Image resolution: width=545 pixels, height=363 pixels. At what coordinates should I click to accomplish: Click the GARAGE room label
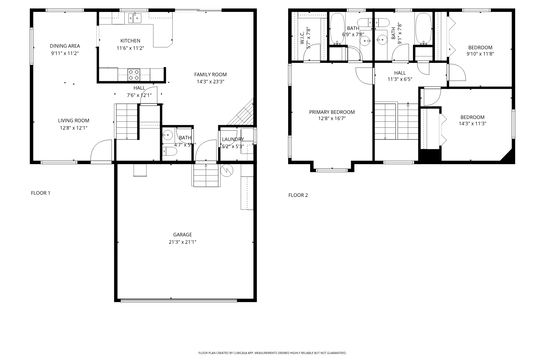point(183,234)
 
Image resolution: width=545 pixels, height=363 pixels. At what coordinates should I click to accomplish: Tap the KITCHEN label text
point(130,41)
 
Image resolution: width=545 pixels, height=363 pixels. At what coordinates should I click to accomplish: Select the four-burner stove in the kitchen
point(134,75)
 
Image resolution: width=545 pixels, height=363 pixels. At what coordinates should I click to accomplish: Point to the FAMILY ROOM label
point(210,74)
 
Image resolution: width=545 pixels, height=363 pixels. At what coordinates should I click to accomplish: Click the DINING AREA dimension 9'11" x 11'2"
point(65,53)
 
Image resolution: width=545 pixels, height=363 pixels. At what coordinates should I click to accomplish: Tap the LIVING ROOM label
point(74,120)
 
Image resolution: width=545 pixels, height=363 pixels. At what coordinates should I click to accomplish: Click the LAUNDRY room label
point(233,139)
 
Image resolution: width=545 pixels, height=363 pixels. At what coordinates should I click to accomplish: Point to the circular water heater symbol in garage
point(227,170)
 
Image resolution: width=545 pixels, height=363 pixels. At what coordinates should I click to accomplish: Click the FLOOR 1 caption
point(41,193)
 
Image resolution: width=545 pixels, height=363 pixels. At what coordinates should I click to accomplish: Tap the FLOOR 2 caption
point(298,195)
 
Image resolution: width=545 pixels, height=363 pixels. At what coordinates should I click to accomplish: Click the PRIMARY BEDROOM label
point(332,112)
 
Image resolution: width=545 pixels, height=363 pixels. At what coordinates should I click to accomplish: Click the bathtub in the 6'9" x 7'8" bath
point(337,29)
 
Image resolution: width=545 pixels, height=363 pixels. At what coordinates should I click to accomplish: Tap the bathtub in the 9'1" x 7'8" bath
point(423,29)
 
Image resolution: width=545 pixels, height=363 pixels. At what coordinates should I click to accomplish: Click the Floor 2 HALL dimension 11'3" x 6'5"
point(400,79)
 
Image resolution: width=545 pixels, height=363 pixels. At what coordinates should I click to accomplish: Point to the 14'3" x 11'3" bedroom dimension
point(473,123)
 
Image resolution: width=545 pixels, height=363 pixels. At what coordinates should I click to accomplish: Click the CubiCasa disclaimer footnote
point(272,353)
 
